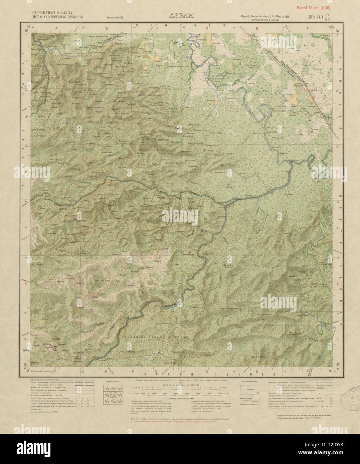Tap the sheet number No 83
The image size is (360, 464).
(x=315, y=17)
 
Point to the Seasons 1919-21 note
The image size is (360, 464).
(x=115, y=17)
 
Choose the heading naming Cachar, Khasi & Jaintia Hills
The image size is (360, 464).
(x=57, y=15)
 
